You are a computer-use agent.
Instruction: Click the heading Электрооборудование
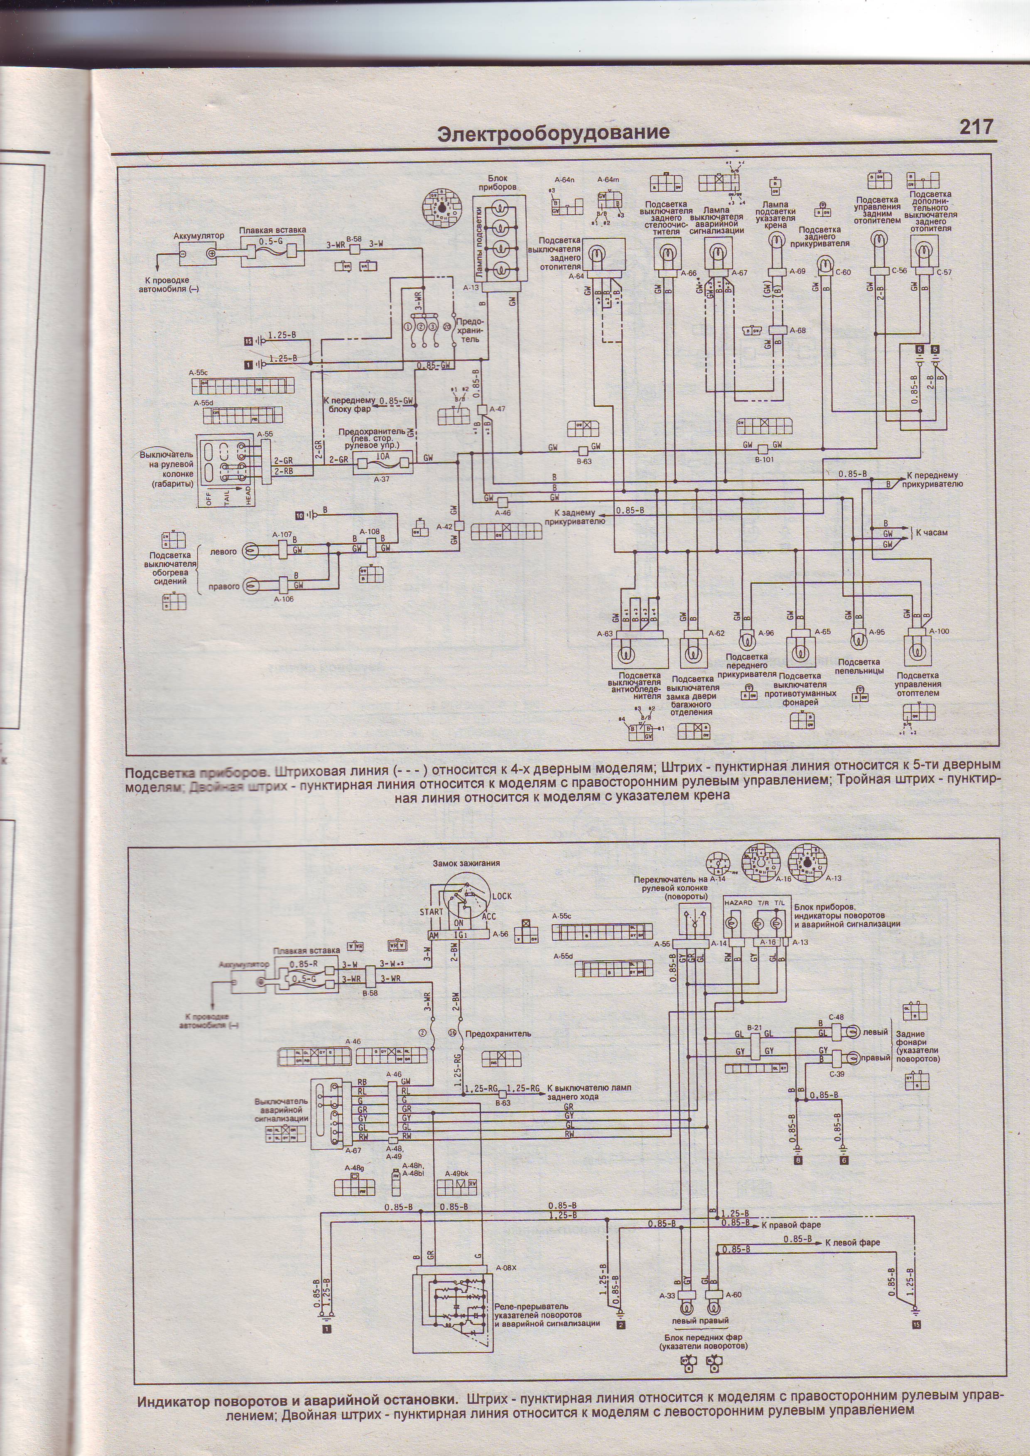coord(554,132)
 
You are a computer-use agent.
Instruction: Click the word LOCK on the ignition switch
coord(501,896)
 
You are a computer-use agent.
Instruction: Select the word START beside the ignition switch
coord(431,911)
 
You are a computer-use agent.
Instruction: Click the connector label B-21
coord(755,1027)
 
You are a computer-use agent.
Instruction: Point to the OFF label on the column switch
coord(208,499)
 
